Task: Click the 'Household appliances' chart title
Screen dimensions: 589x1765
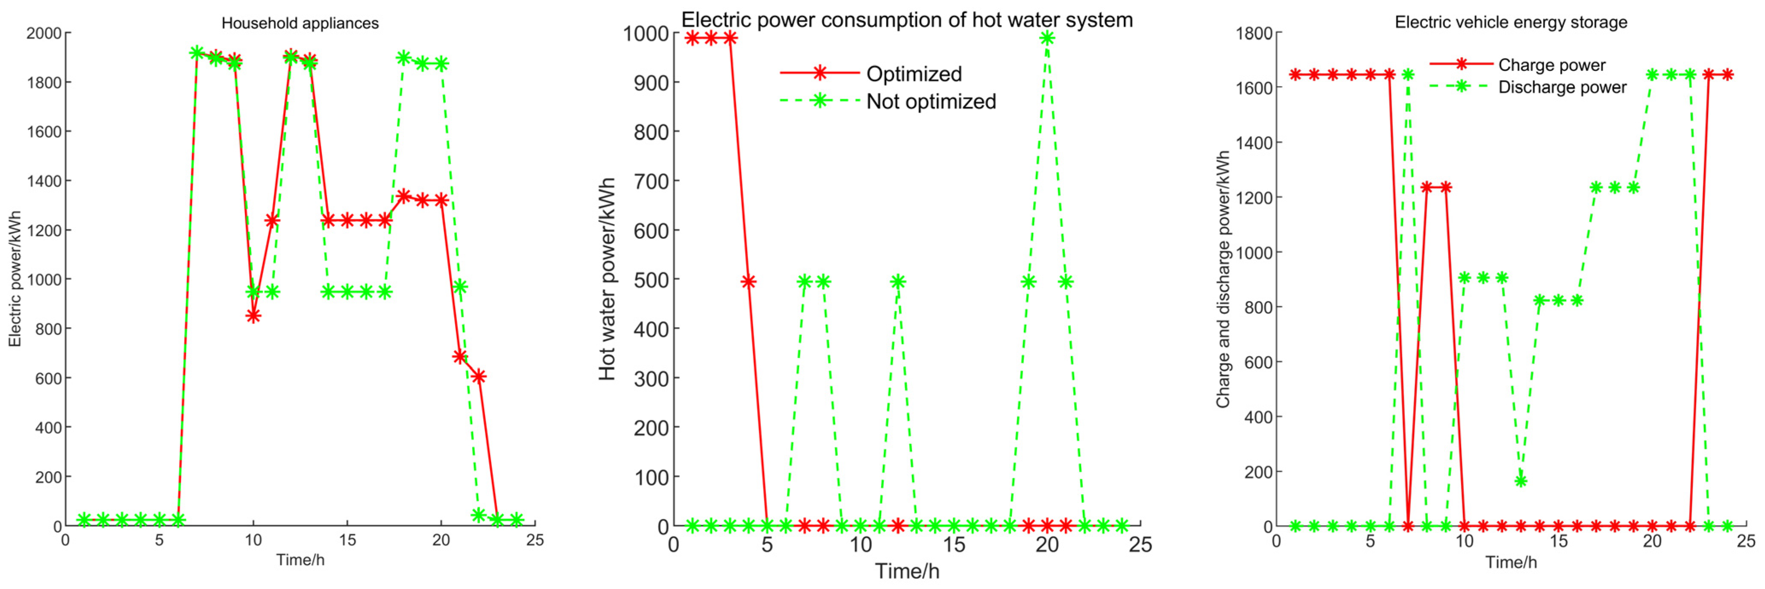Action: click(300, 23)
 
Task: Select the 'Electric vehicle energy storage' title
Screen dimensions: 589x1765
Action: click(1511, 23)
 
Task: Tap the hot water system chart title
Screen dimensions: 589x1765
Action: click(907, 20)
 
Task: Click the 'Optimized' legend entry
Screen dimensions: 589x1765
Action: click(913, 74)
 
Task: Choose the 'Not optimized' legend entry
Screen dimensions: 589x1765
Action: click(931, 101)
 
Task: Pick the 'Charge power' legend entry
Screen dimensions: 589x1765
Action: click(1551, 65)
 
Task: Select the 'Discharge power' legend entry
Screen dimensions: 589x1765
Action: click(1562, 88)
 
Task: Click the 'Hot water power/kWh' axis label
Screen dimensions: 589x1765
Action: click(607, 279)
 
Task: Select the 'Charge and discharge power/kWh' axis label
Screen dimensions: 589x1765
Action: click(1223, 279)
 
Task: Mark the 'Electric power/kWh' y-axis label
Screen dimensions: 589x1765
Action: click(15, 279)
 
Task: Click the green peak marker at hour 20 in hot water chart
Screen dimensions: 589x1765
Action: click(1046, 38)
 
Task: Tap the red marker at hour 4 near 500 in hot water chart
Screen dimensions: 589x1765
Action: click(748, 281)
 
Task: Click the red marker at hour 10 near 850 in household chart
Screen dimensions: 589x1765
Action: click(253, 316)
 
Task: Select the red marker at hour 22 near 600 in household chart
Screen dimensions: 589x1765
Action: click(478, 376)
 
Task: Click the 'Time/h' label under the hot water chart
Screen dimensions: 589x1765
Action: click(907, 571)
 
